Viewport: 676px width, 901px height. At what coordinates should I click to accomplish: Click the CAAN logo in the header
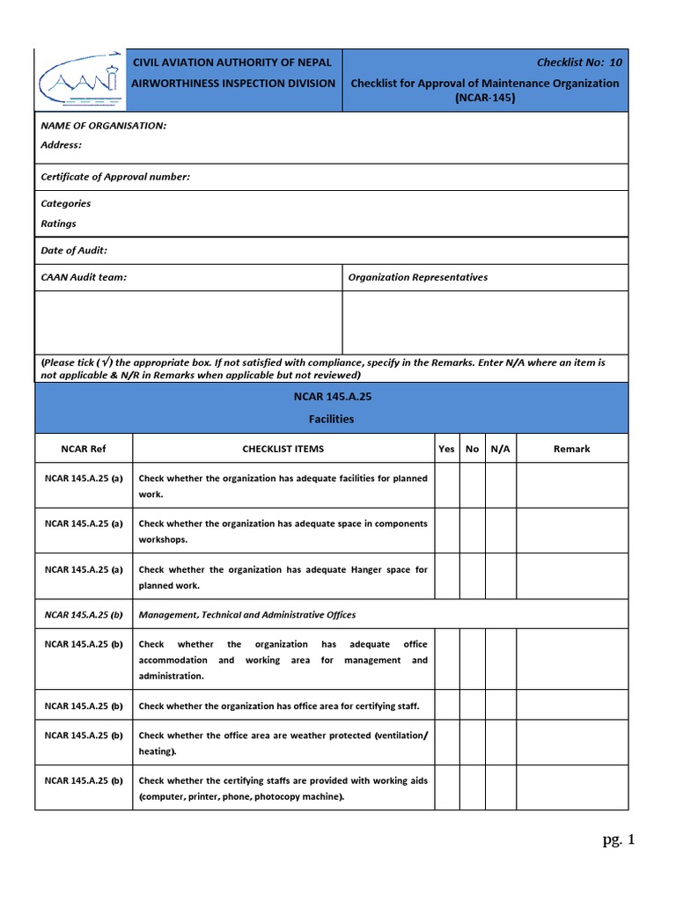[x=77, y=79]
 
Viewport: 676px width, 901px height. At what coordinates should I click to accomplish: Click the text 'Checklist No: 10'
[x=579, y=62]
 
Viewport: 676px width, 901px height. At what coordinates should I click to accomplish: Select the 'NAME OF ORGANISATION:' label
[x=103, y=126]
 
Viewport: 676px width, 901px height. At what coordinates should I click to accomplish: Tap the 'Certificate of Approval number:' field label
[x=115, y=177]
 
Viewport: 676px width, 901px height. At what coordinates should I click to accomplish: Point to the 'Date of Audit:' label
[x=74, y=251]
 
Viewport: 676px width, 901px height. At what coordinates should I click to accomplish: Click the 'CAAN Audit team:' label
[x=84, y=277]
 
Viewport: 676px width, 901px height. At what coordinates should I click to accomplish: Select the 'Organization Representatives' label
[x=417, y=277]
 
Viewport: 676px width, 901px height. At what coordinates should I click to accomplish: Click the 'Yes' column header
[x=446, y=449]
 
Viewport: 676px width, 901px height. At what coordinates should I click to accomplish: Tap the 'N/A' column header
[x=500, y=449]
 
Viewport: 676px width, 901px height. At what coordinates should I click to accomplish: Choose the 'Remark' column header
[x=571, y=449]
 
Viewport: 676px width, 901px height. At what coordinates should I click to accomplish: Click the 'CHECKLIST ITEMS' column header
[x=283, y=449]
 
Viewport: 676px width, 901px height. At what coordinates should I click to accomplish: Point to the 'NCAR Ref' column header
[x=83, y=449]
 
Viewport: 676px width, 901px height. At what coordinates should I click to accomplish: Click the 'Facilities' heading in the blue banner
[x=331, y=419]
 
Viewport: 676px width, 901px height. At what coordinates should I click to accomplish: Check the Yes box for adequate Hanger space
[x=446, y=577]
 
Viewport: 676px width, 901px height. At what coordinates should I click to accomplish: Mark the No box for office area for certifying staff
[x=473, y=706]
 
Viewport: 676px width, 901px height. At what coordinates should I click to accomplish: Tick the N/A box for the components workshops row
[x=500, y=531]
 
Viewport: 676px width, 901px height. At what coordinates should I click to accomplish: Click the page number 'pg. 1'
[x=618, y=840]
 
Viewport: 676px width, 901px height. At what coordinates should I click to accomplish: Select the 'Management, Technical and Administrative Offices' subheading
[x=247, y=615]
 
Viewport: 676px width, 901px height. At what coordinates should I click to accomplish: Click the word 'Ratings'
[x=58, y=223]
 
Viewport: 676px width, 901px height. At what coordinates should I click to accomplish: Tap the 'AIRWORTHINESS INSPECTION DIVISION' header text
[x=233, y=83]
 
